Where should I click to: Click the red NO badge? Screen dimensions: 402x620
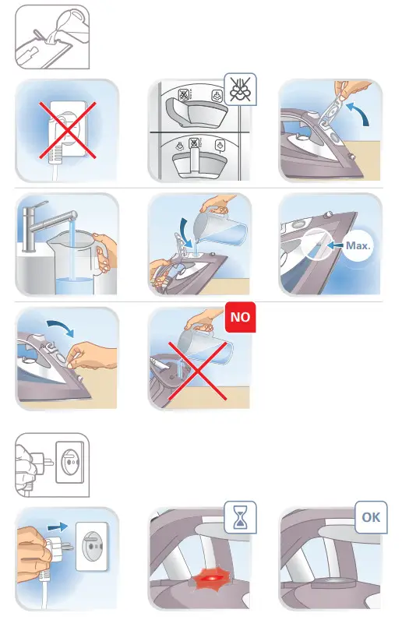tap(240, 317)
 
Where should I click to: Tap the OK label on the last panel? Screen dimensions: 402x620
tap(371, 517)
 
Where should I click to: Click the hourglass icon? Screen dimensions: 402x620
tap(240, 518)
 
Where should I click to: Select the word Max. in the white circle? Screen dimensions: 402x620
tap(358, 245)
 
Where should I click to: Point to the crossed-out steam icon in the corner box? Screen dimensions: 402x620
tap(240, 90)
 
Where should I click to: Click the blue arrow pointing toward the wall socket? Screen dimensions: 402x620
tap(58, 527)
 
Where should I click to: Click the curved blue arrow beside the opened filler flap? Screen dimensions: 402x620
tap(359, 114)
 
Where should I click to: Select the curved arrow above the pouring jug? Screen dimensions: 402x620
tap(184, 231)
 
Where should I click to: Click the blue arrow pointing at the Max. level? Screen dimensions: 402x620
tap(335, 245)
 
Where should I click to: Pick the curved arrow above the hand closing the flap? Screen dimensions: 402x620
tap(60, 327)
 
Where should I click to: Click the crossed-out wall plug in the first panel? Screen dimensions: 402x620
tap(68, 131)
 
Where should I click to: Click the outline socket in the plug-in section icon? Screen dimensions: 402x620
tap(70, 462)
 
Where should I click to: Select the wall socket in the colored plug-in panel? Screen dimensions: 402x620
tap(92, 547)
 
